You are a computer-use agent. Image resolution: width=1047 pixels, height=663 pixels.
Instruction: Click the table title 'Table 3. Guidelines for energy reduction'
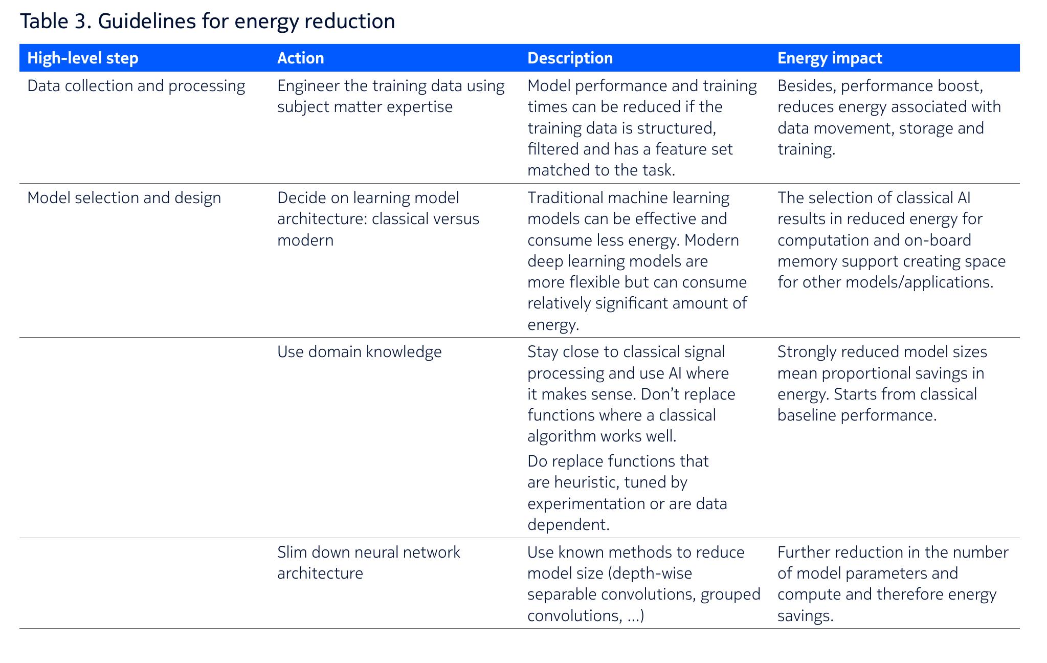point(207,21)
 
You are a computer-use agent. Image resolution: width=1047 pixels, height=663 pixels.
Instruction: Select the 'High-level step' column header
point(83,58)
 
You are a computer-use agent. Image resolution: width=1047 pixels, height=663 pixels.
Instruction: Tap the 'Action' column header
point(301,58)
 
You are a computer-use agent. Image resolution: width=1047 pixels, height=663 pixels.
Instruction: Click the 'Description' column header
point(570,58)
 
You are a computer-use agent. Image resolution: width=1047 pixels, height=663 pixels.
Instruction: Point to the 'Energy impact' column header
point(830,58)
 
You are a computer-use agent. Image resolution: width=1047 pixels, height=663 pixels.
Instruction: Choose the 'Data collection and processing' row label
point(136,86)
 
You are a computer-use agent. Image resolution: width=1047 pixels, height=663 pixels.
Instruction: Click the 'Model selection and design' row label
point(124,198)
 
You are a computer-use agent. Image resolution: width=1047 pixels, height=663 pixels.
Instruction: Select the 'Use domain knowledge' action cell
point(360,352)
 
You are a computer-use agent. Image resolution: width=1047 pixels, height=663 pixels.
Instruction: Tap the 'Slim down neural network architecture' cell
point(369,563)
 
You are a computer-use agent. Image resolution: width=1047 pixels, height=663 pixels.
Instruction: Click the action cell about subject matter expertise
point(391,96)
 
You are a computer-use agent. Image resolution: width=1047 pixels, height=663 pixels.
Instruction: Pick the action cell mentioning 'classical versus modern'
point(378,219)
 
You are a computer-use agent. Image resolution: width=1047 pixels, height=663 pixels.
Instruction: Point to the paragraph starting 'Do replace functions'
point(628,493)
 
